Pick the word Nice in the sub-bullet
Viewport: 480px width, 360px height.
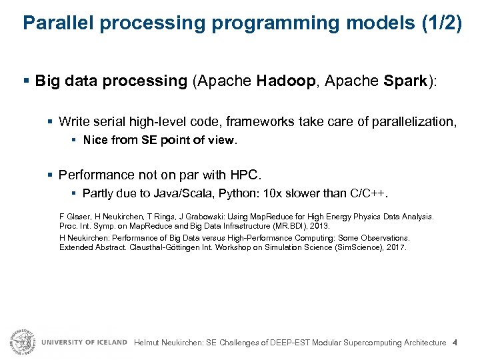[x=95, y=140]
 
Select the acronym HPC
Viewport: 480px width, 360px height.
[x=247, y=175]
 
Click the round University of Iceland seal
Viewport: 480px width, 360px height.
[x=22, y=341]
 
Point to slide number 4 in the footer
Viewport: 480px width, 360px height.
[x=455, y=343]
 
